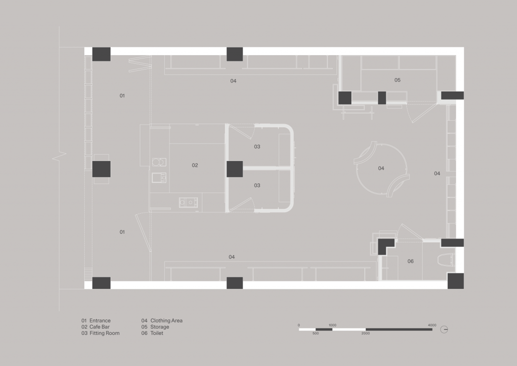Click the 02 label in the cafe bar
(195, 165)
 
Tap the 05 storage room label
(397, 80)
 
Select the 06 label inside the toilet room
(410, 261)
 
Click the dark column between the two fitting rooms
(235, 169)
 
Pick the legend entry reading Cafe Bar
(99, 327)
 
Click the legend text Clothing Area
(166, 320)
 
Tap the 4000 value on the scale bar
(432, 325)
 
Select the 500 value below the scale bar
(315, 333)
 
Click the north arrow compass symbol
(445, 329)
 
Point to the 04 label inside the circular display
(381, 168)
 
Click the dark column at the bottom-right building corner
(455, 281)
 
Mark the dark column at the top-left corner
(101, 54)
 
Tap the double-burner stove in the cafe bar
(189, 203)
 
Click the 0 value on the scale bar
(299, 325)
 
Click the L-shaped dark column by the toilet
(384, 246)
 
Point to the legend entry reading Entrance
(100, 320)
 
